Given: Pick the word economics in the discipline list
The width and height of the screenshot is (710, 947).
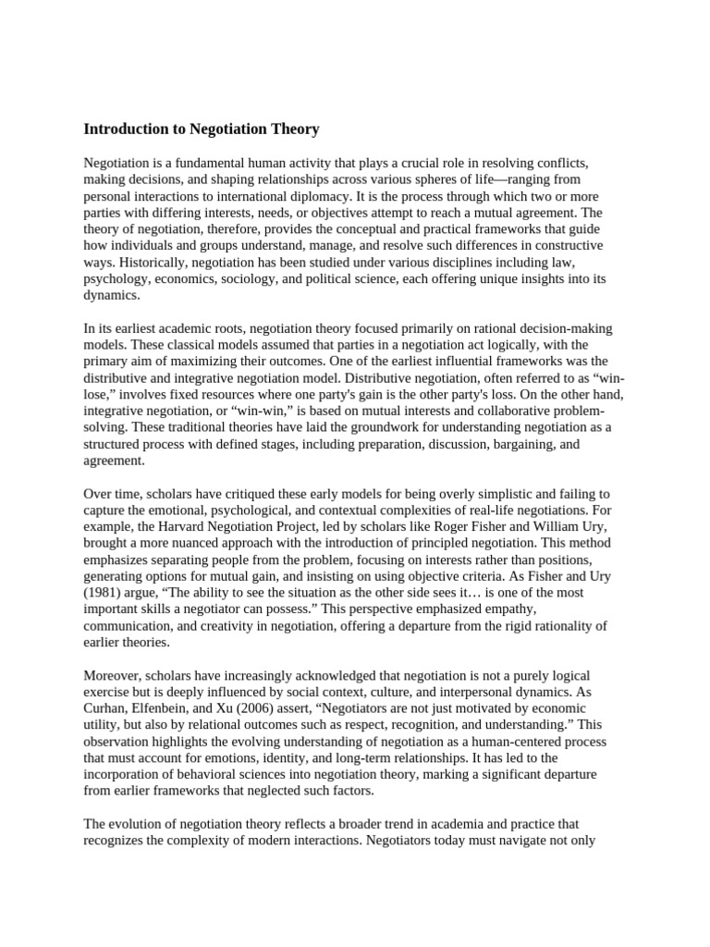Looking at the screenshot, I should pos(218,278).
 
